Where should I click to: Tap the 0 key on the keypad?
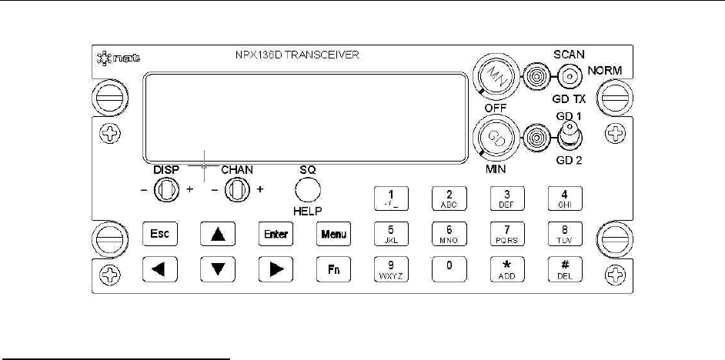[449, 268]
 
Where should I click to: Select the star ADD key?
[507, 268]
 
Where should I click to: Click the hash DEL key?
[564, 268]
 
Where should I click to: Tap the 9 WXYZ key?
[390, 268]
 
